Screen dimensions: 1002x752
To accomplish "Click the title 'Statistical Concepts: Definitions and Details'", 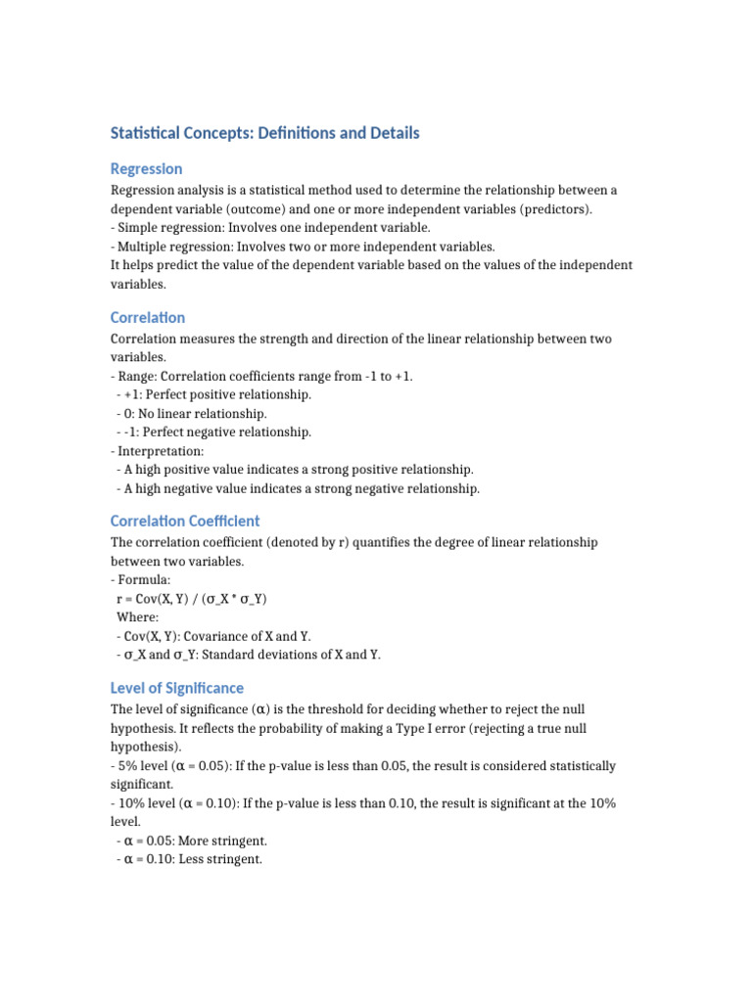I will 264,133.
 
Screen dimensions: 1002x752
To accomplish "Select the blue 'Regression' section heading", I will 146,169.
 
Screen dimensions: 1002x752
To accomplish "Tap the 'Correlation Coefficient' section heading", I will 185,522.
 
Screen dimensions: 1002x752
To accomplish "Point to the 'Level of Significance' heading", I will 177,688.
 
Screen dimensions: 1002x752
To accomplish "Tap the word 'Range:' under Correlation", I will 141,377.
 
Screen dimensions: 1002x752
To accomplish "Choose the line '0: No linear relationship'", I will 191,414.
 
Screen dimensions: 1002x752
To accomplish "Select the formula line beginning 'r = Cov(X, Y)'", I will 191,599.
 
